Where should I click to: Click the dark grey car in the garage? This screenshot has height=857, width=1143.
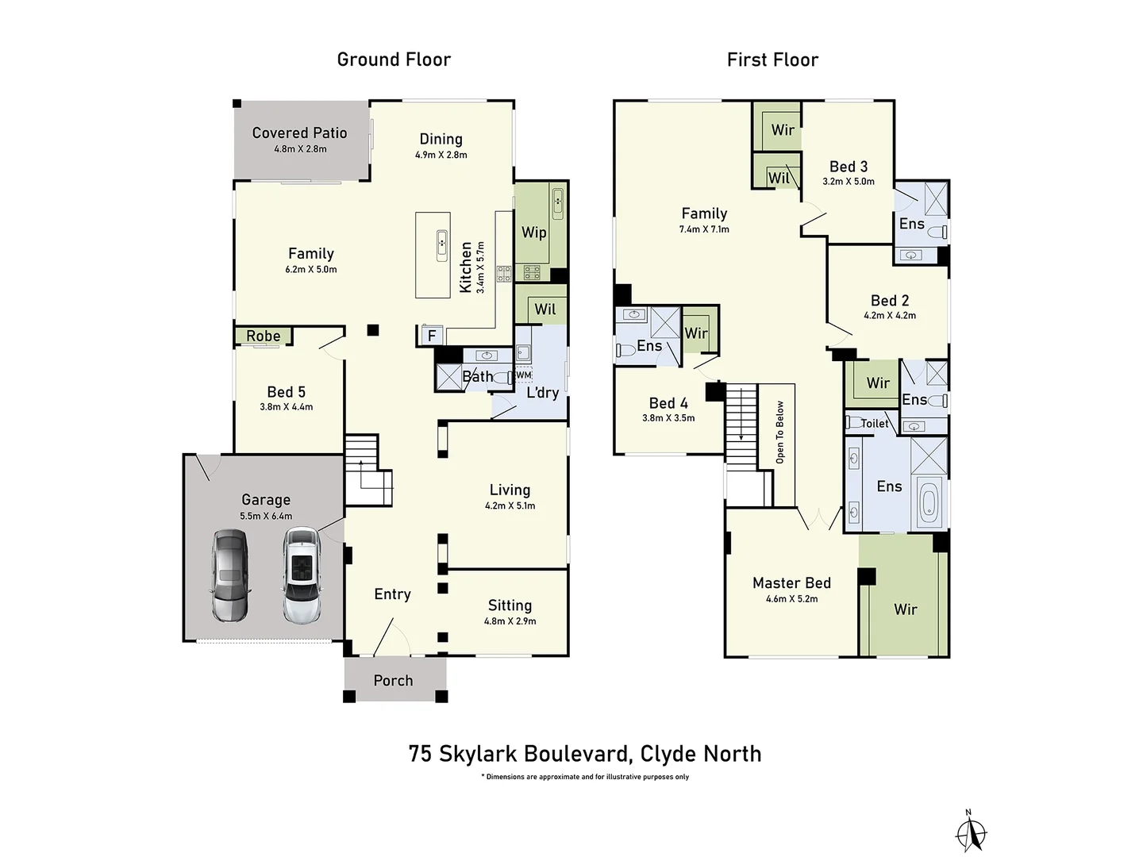pyautogui.click(x=230, y=575)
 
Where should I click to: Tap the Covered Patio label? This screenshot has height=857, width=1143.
pyautogui.click(x=299, y=133)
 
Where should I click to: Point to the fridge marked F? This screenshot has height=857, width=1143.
pyautogui.click(x=432, y=336)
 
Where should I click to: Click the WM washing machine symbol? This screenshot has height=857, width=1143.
pyautogui.click(x=523, y=375)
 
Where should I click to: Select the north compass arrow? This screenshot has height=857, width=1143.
pyautogui.click(x=970, y=833)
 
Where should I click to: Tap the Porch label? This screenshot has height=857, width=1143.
pyautogui.click(x=393, y=681)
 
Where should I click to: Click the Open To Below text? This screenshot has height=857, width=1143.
pyautogui.click(x=780, y=432)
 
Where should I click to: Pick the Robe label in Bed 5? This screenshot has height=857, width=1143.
pyautogui.click(x=263, y=336)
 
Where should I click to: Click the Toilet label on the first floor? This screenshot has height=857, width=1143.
pyautogui.click(x=875, y=424)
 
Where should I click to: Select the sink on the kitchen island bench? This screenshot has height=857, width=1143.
pyautogui.click(x=441, y=245)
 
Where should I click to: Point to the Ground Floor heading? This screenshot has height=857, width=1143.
pyautogui.click(x=394, y=60)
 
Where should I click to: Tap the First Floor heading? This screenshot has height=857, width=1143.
pyautogui.click(x=772, y=60)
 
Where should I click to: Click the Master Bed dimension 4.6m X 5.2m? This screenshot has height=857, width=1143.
pyautogui.click(x=791, y=599)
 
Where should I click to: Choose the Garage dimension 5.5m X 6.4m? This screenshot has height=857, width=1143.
pyautogui.click(x=266, y=516)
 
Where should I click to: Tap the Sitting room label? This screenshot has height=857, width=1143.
pyautogui.click(x=510, y=605)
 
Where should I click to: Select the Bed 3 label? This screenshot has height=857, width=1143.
pyautogui.click(x=849, y=167)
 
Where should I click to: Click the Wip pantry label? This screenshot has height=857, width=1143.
pyautogui.click(x=533, y=233)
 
